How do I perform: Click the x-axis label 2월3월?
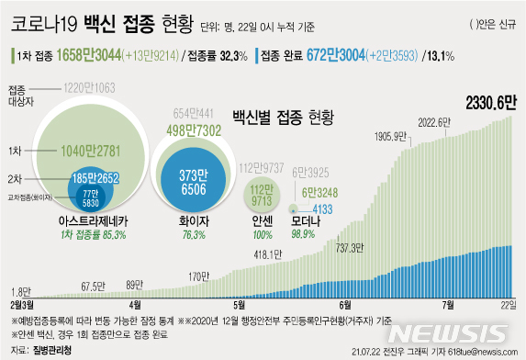coord(24,304)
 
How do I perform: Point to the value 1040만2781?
coord(73,149)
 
